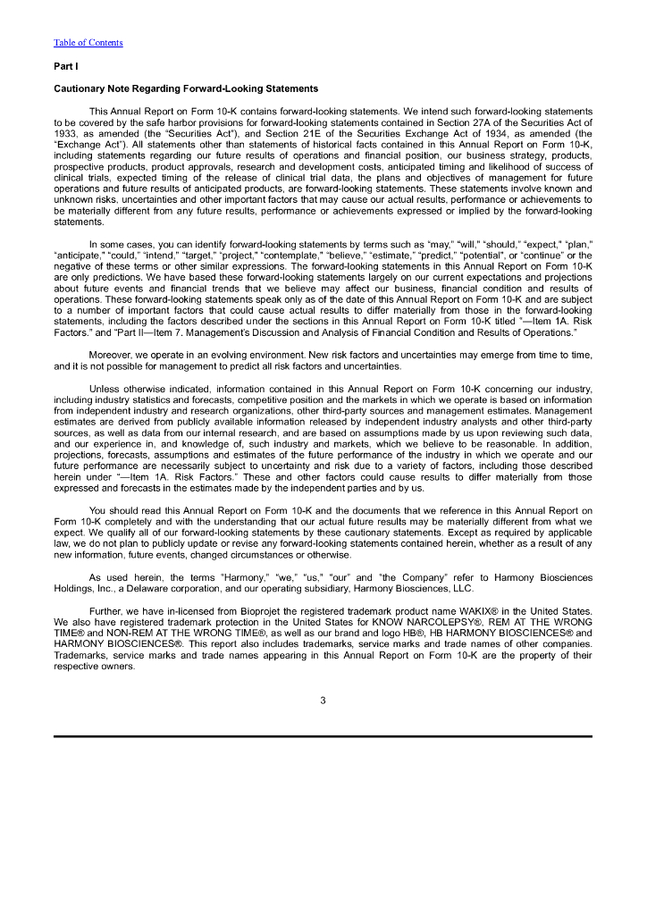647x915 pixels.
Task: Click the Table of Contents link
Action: coord(88,43)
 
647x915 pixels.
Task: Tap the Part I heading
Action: coord(65,66)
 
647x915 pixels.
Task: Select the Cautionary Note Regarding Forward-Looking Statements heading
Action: coord(186,89)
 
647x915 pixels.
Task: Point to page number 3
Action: coord(323,700)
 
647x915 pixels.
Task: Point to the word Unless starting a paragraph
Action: coord(105,390)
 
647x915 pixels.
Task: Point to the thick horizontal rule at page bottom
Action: coord(323,736)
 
